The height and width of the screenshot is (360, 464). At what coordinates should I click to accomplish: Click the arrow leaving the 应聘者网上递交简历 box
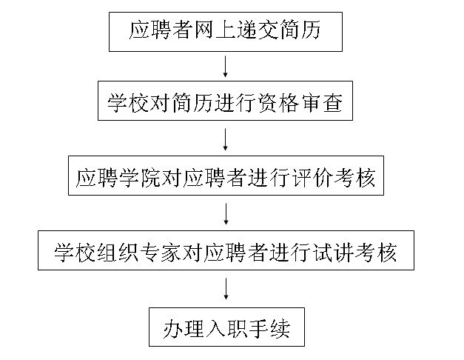pos(226,68)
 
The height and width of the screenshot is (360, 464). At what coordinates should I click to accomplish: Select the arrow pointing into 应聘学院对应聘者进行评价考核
pos(226,139)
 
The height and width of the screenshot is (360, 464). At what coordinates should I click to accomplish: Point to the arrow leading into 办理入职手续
pos(226,288)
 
